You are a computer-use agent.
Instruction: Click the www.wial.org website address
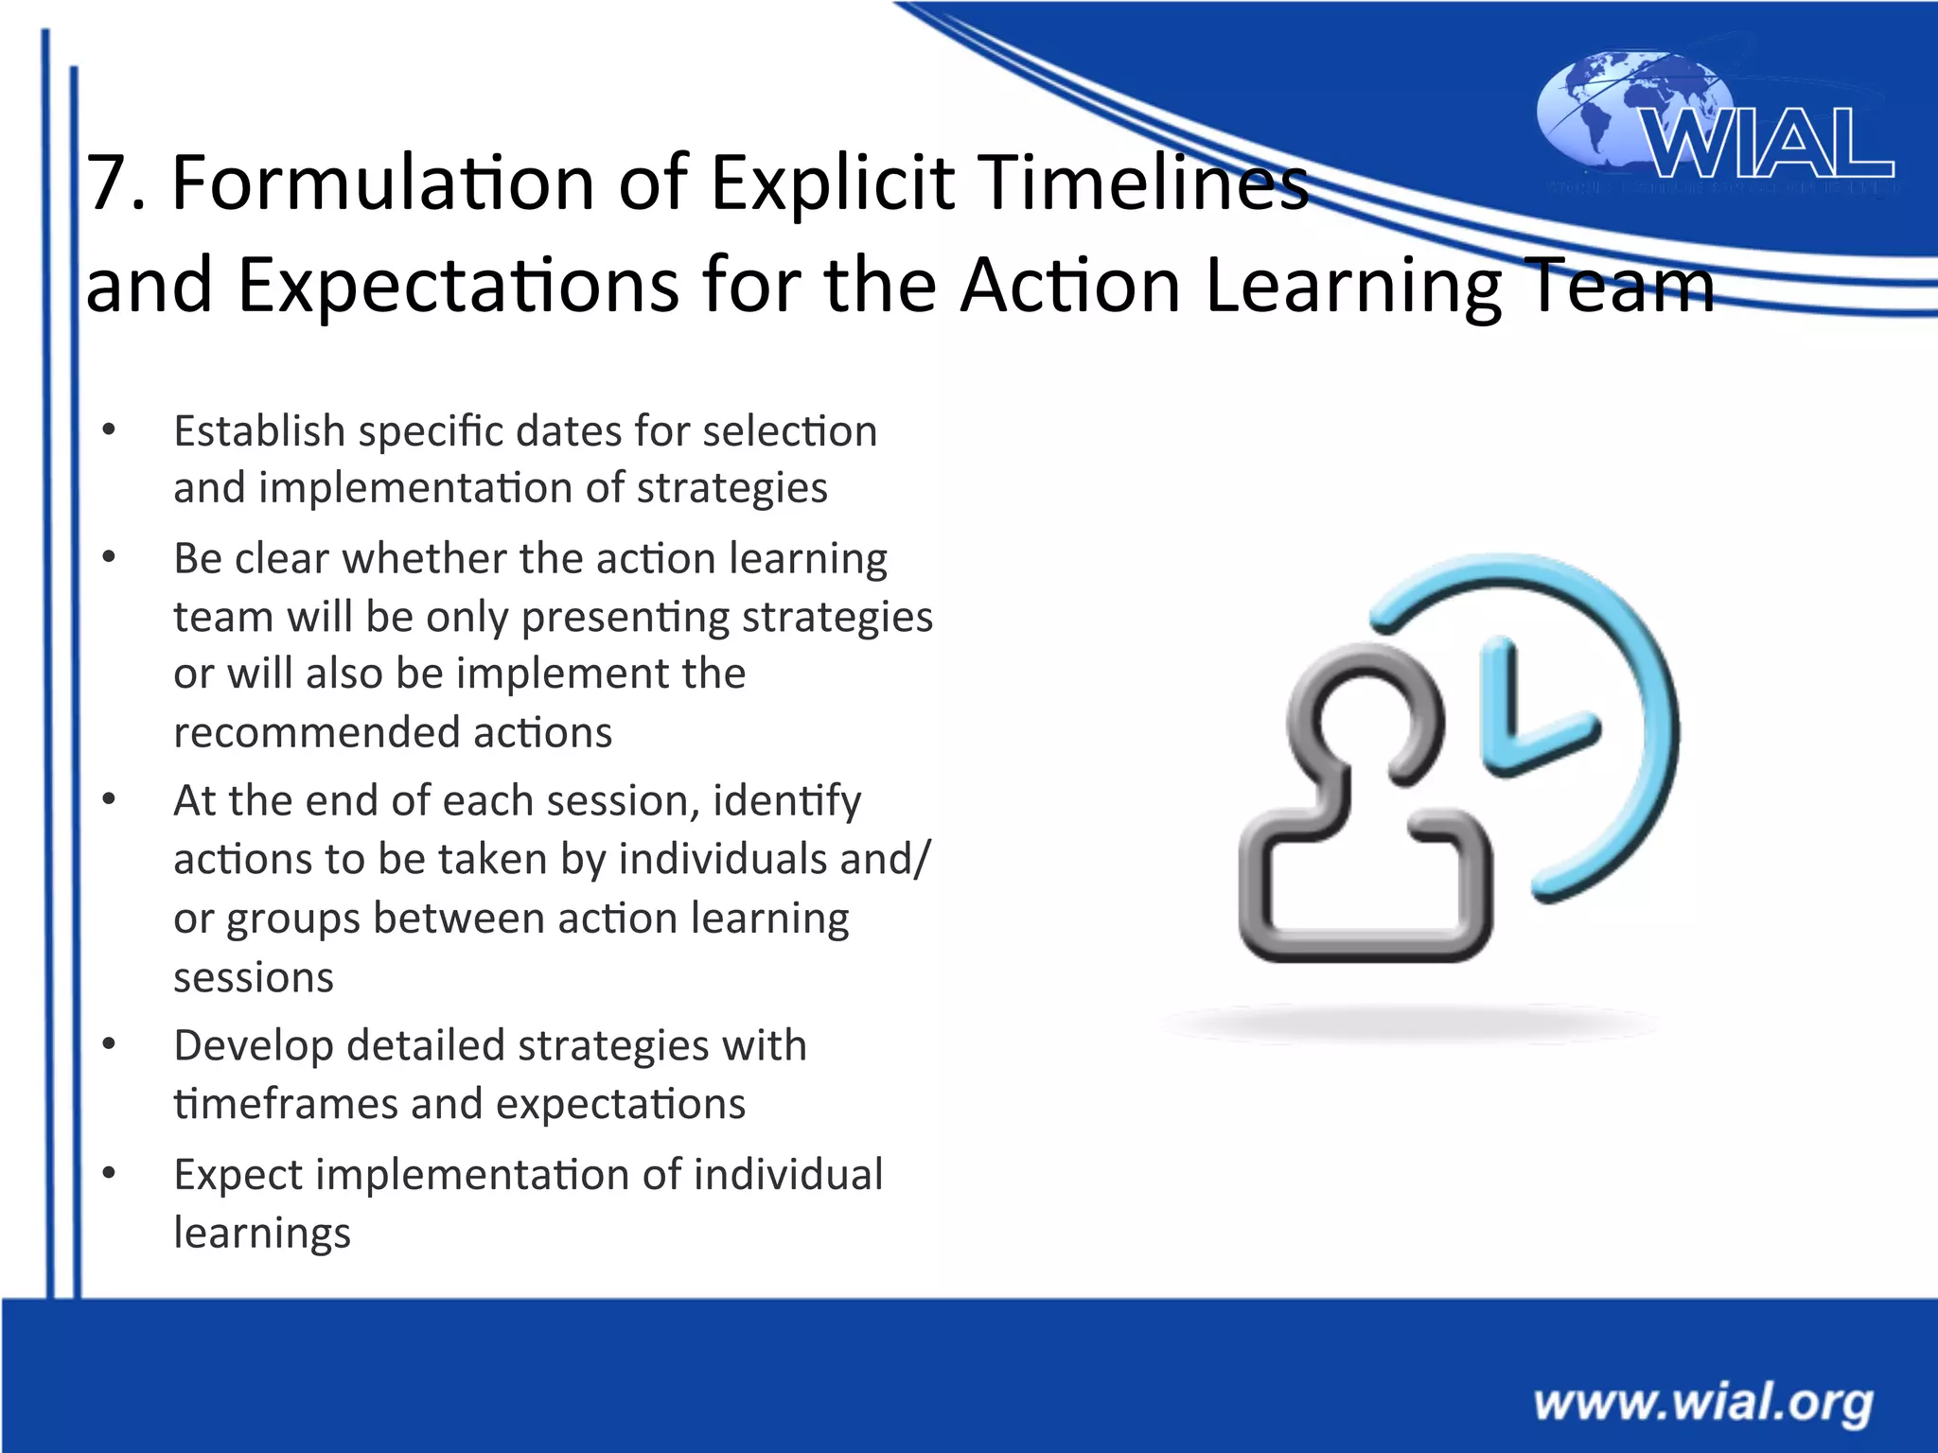coord(1702,1403)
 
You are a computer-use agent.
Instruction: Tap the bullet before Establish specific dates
coord(109,431)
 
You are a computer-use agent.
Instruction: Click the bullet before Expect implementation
coord(109,1174)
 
